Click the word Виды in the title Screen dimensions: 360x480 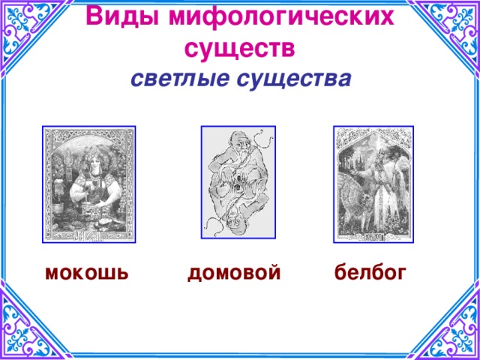point(115,16)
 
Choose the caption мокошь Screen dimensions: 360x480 point(86,272)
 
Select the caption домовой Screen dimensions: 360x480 point(234,272)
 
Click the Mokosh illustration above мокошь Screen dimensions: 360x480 point(89,184)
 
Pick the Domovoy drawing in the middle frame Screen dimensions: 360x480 point(238,184)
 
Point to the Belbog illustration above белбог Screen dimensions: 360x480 point(373,184)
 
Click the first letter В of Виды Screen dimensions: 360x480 point(94,16)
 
